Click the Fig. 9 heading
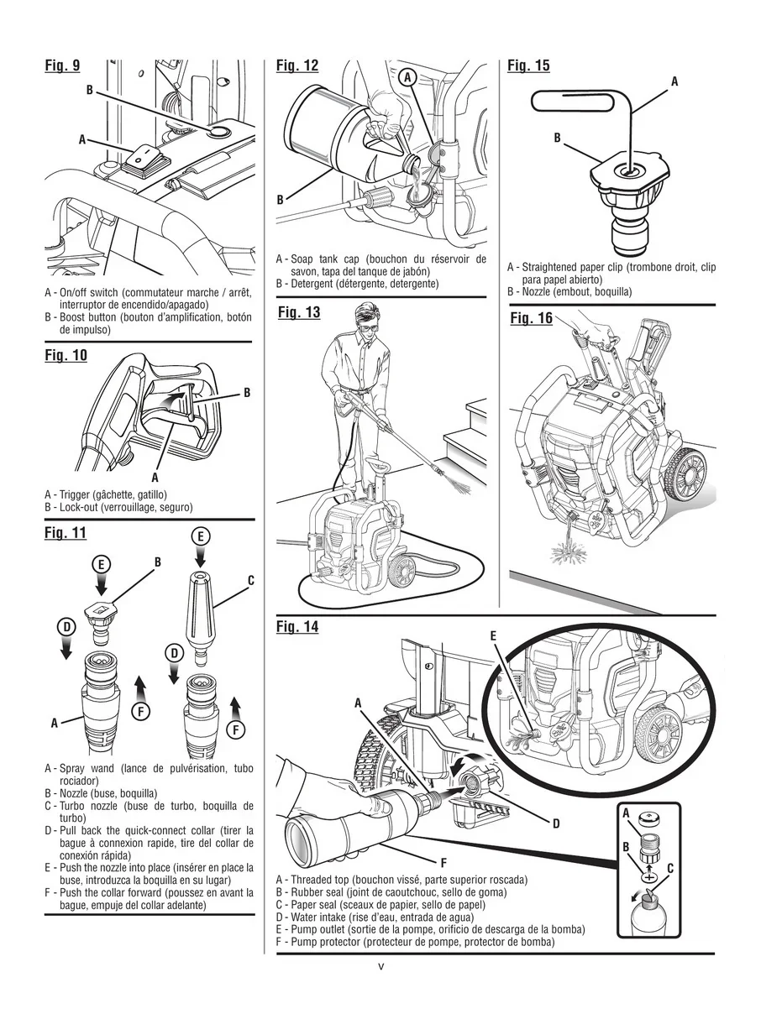click(63, 65)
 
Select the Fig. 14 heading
click(297, 627)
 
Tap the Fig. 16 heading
click(531, 318)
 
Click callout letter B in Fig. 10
click(247, 393)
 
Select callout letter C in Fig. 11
click(250, 580)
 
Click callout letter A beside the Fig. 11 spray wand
click(55, 722)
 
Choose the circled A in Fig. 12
click(407, 77)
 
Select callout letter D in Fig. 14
click(555, 823)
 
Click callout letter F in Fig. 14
click(443, 862)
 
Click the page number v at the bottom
click(380, 966)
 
